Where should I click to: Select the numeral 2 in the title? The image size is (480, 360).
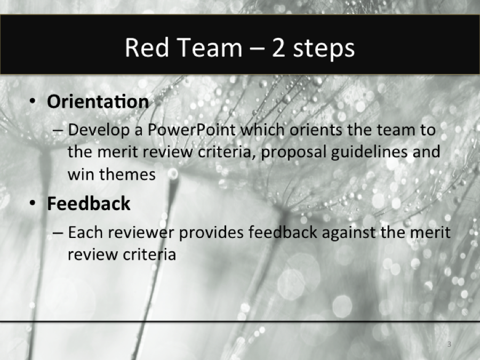278,49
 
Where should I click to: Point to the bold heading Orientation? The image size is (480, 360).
98,101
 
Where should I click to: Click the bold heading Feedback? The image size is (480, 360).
89,203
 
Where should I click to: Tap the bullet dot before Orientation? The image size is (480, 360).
34,102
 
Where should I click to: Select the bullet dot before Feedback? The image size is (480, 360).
34,204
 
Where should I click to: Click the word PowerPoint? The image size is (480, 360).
193,130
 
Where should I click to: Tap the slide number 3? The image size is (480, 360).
449,345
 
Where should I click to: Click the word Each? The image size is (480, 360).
86,233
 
